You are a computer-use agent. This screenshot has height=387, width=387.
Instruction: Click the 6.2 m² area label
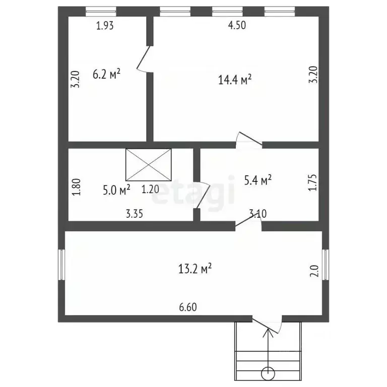(x=106, y=75)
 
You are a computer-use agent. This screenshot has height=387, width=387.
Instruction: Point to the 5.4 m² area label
(x=258, y=179)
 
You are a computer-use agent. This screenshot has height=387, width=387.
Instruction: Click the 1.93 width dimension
(x=105, y=26)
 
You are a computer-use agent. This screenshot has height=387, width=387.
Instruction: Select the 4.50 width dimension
(x=237, y=26)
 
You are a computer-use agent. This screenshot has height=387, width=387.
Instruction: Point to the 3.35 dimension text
(x=135, y=214)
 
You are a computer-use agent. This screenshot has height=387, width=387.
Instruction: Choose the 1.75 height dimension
(x=312, y=184)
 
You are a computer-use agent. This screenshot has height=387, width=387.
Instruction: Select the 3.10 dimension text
(x=257, y=214)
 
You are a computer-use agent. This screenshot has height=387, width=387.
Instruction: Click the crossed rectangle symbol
(x=148, y=165)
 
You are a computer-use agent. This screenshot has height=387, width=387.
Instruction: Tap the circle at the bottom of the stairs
(x=268, y=373)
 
